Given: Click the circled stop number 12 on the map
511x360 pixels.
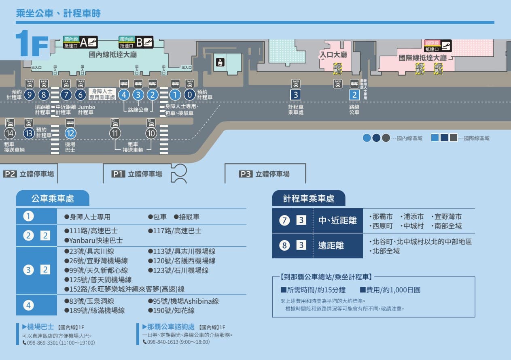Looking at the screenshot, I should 70,132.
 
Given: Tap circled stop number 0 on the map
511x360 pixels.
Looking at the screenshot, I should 190,95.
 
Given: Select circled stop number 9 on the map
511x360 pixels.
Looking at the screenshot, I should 30,95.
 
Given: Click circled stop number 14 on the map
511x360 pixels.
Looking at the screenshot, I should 10,133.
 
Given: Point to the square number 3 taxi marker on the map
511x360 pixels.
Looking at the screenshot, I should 296,95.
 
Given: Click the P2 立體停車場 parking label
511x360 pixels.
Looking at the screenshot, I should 29,174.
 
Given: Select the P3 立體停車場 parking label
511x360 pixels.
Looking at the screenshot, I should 265,174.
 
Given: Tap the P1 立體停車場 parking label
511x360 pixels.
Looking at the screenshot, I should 137,174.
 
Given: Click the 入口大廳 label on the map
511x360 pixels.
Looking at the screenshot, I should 333,54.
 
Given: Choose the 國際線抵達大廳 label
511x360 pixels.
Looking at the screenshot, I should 422,58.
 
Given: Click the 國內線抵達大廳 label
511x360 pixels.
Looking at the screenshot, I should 113,55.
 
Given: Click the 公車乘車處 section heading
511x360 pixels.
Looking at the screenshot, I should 53,199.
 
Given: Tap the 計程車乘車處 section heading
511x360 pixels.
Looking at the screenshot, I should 309,199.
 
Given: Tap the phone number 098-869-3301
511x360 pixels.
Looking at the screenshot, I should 43,343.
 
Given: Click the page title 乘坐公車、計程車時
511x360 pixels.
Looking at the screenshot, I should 58,13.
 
